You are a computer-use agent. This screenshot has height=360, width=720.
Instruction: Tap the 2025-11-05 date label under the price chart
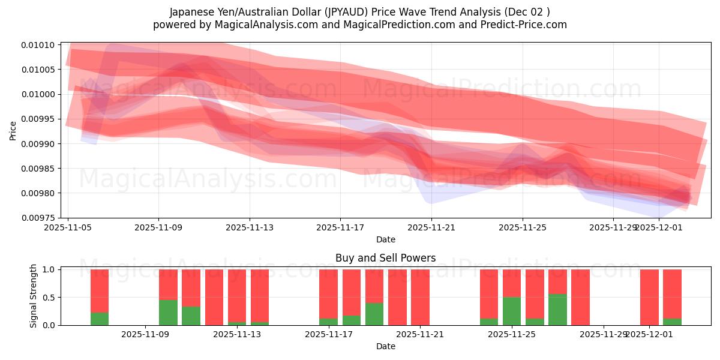pyautogui.click(x=68, y=228)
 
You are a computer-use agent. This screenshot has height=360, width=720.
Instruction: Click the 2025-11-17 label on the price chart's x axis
pyautogui.click(x=340, y=228)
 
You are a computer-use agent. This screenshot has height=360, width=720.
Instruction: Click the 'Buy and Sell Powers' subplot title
pyautogui.click(x=385, y=259)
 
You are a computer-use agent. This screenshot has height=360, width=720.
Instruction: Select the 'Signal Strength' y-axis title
pyautogui.click(x=34, y=296)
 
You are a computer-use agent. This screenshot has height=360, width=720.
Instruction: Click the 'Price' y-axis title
pyautogui.click(x=13, y=130)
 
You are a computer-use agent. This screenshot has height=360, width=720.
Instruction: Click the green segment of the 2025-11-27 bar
pyautogui.click(x=557, y=310)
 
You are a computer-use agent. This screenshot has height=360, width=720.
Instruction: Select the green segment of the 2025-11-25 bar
pyautogui.click(x=512, y=311)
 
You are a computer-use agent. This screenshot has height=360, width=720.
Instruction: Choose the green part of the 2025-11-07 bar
pyautogui.click(x=100, y=319)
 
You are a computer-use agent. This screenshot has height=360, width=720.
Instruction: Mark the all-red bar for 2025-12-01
pyautogui.click(x=649, y=297)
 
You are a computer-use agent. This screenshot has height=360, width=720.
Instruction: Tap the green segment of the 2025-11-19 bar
pyautogui.click(x=374, y=314)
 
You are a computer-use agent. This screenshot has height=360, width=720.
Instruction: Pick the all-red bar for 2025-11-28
pyautogui.click(x=580, y=297)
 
